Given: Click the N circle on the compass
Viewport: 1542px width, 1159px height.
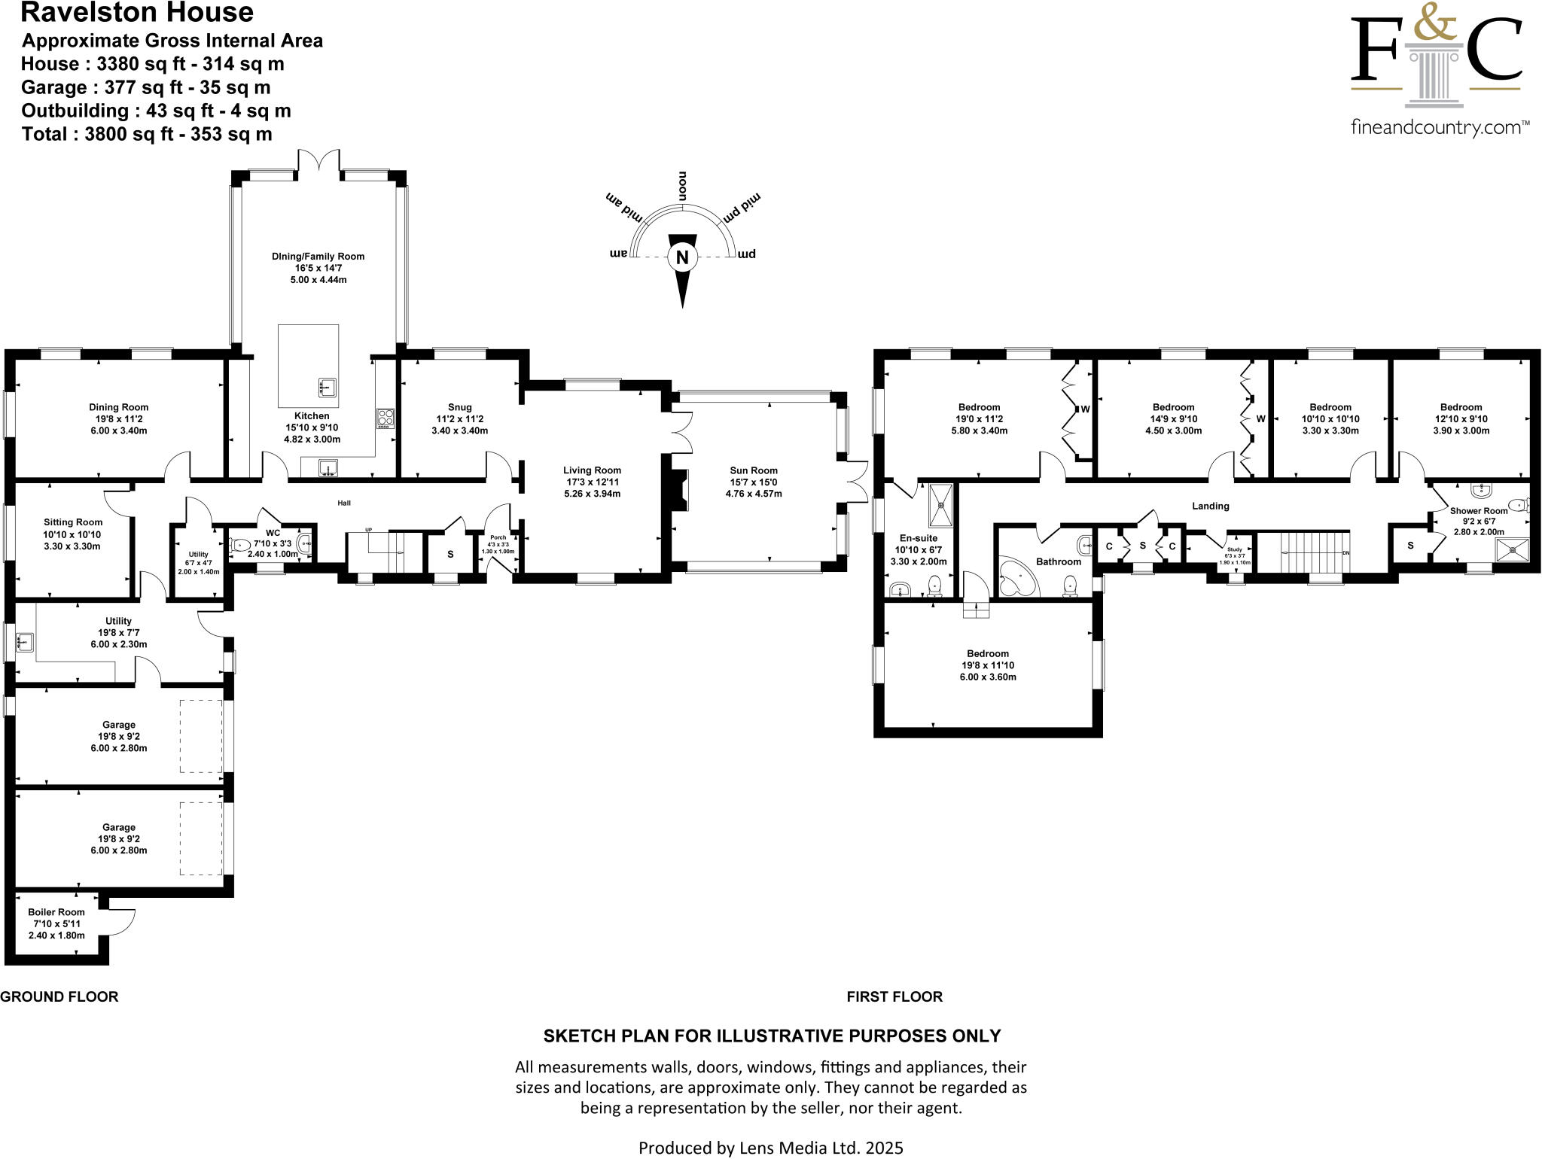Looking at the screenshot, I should [682, 257].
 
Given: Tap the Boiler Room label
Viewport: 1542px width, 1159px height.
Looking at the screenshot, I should [56, 912].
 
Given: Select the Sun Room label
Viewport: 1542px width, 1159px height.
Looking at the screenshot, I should [754, 470].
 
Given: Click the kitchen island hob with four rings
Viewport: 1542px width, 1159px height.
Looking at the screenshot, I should [385, 418].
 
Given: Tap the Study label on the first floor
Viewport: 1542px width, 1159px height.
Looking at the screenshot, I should [1235, 549].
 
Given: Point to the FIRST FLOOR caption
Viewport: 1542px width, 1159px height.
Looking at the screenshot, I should [894, 996].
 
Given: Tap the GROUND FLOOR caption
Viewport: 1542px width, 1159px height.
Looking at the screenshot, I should [59, 996].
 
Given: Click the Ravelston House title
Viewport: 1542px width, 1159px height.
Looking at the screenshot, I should [137, 13].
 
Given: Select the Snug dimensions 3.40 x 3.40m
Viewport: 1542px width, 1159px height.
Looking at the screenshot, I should [459, 431].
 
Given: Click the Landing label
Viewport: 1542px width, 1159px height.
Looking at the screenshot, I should [1210, 506].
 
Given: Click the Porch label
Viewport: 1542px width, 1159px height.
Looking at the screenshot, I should [498, 537].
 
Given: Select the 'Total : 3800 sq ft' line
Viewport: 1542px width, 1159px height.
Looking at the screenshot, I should [147, 134].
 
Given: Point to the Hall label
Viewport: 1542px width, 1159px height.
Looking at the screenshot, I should [344, 503].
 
